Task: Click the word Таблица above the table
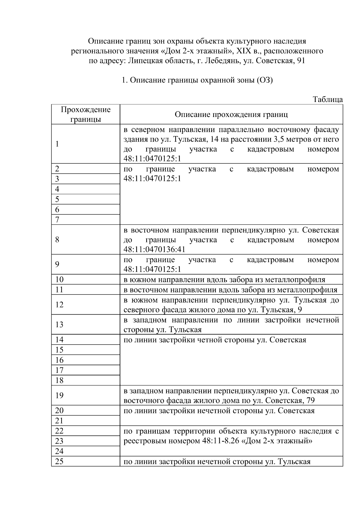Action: [327, 99]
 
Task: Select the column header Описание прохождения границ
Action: [231, 114]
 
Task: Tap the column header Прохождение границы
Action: [85, 114]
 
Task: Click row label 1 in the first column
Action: [57, 144]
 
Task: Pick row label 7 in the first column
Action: [57, 220]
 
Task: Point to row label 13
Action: [59, 325]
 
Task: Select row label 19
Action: [59, 395]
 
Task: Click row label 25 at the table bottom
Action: [59, 461]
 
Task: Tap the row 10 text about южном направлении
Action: [224, 280]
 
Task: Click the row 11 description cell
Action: [230, 290]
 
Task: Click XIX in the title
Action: [244, 51]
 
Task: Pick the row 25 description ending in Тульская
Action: [217, 462]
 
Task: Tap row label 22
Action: [59, 431]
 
